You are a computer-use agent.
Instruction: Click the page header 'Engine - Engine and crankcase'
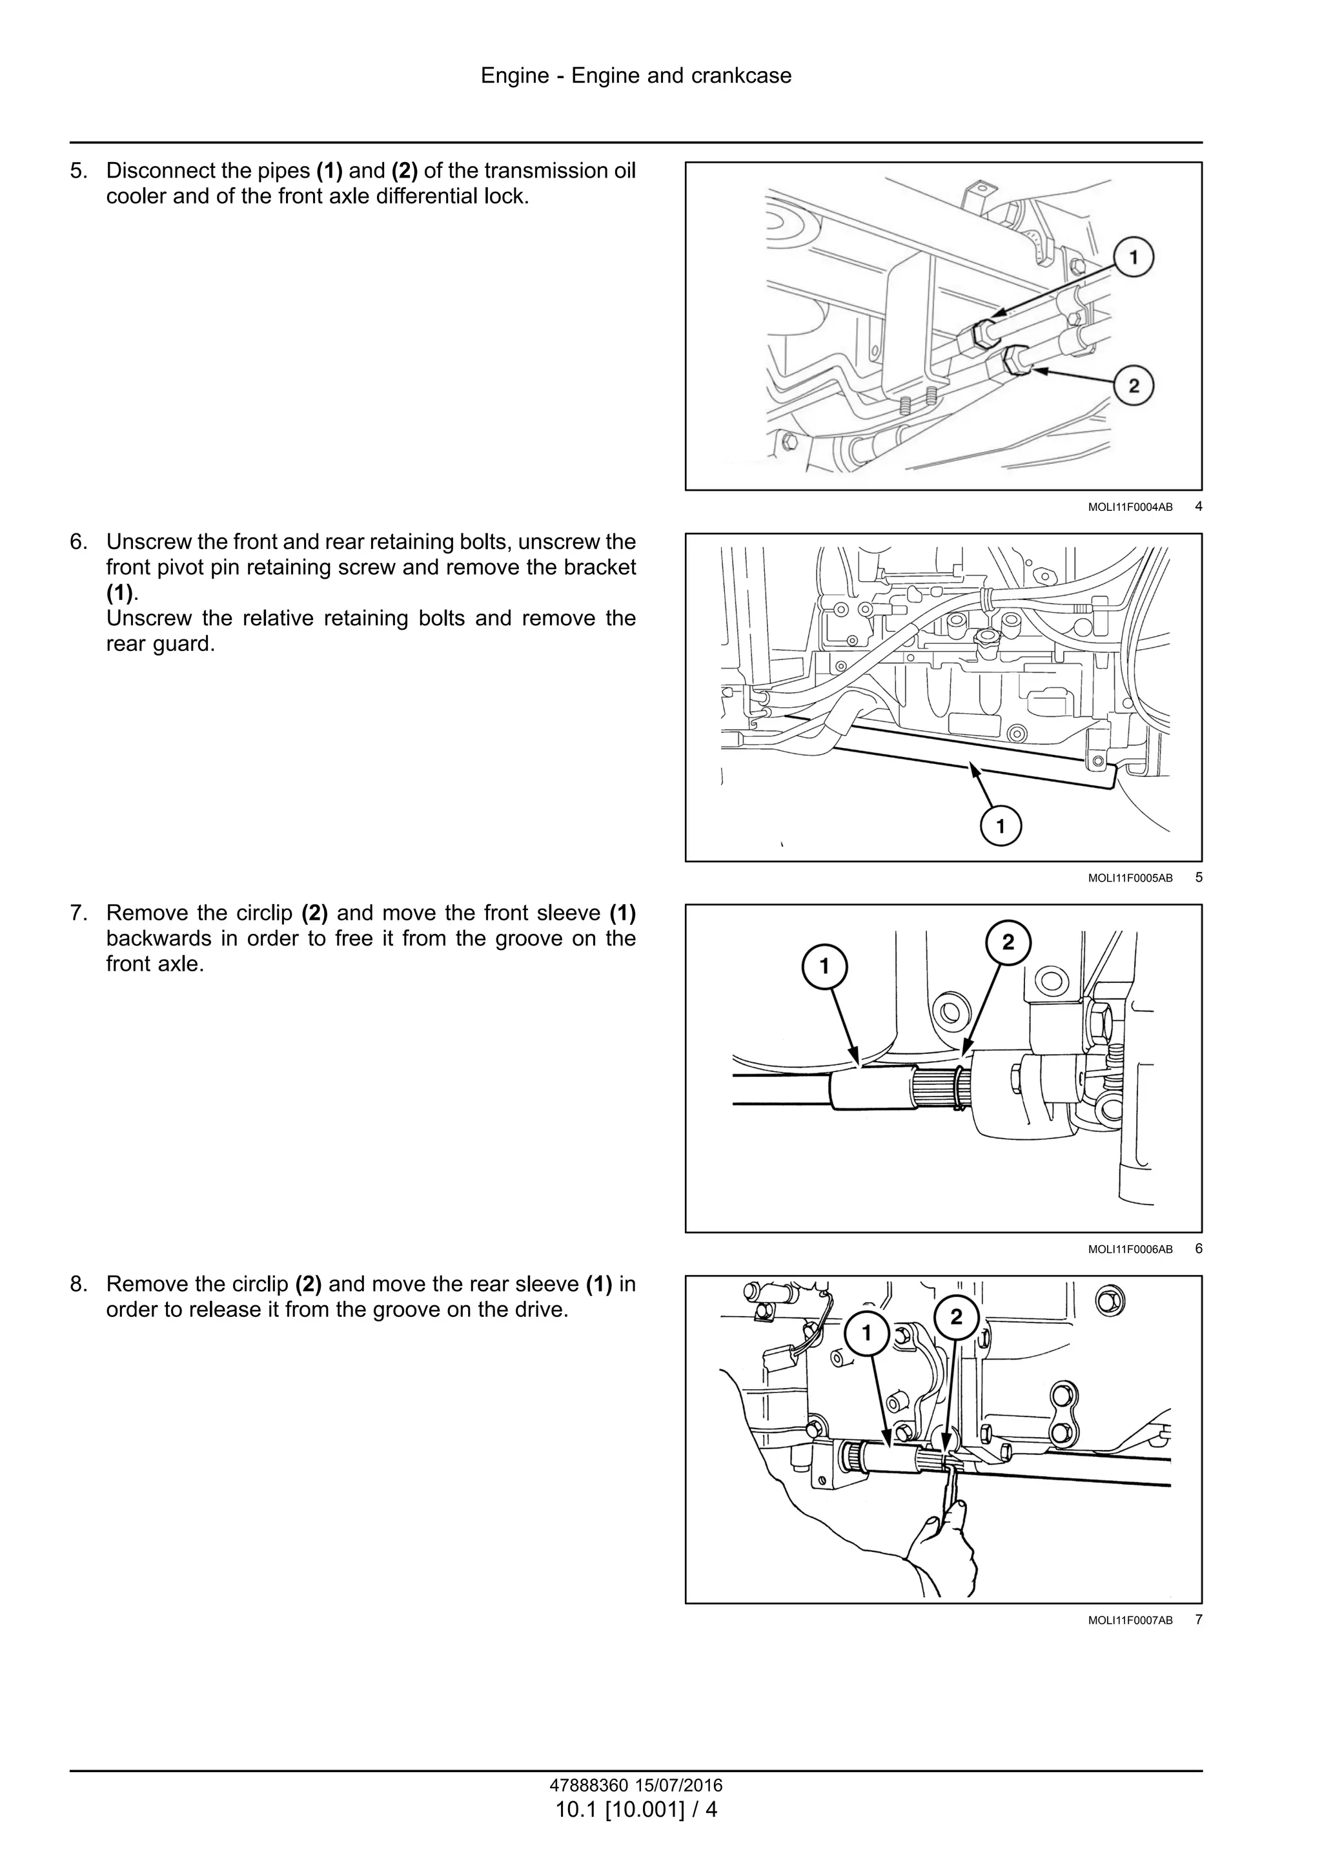pos(635,76)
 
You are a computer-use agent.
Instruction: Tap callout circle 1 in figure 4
pos(1133,258)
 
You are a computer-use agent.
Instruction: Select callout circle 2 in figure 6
pos(1008,943)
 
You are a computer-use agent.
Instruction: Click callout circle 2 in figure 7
pos(956,1317)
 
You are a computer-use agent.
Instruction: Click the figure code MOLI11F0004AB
pos(1130,507)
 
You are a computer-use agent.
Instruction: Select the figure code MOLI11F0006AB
pos(1130,1249)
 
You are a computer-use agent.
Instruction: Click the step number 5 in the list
pos(78,171)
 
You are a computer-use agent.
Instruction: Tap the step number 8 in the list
pos(78,1285)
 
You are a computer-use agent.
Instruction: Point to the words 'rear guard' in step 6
pos(159,644)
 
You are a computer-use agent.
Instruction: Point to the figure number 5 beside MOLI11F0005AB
pos(1198,878)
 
